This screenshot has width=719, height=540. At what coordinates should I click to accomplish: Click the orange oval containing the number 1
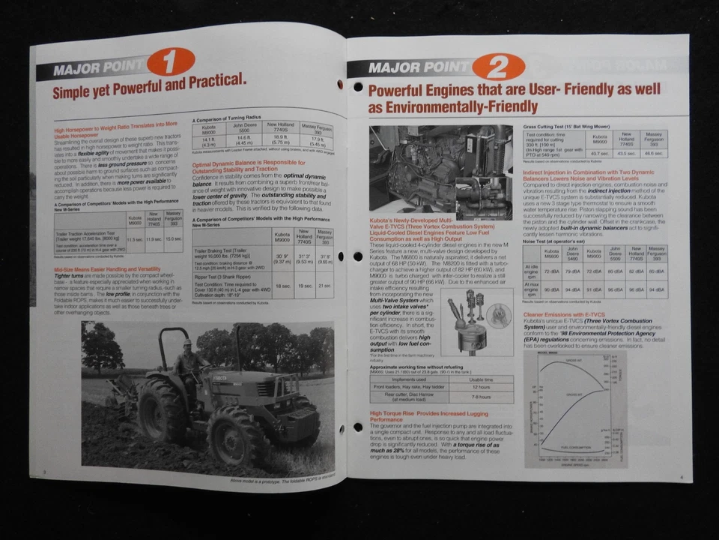pos(170,61)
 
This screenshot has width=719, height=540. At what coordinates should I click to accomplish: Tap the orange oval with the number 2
pos(498,67)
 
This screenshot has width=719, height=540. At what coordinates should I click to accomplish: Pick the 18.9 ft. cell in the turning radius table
pos(281,139)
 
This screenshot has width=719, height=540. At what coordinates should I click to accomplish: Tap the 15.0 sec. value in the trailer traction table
pos(173,239)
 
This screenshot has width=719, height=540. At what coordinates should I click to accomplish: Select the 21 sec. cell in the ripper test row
pos(324,286)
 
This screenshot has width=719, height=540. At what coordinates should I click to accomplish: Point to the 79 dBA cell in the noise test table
pos(571,271)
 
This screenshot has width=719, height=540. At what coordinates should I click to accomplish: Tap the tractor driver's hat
pos(187,342)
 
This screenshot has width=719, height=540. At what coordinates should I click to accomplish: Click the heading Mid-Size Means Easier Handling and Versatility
pos(107,268)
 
